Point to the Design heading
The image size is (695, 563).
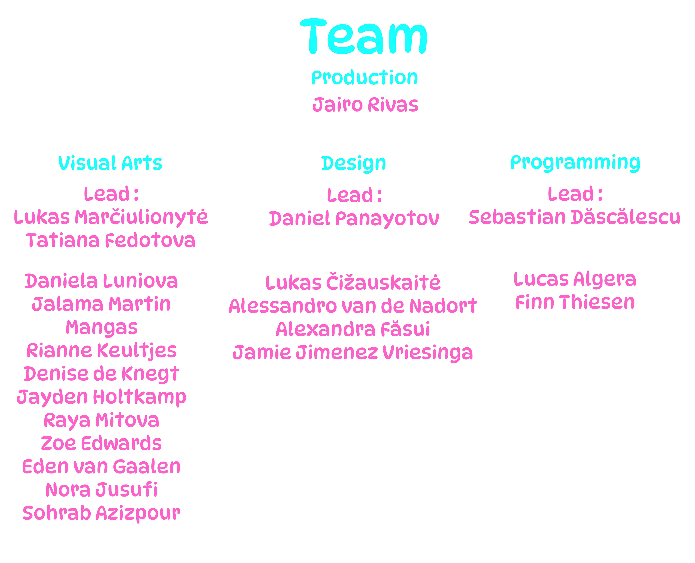click(x=354, y=164)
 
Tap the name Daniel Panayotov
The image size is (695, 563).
click(x=354, y=219)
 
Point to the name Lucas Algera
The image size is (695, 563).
click(x=575, y=280)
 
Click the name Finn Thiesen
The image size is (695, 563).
click(x=575, y=302)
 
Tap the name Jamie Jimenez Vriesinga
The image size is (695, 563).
click(x=353, y=353)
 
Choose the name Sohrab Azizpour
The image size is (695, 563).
click(x=101, y=513)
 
